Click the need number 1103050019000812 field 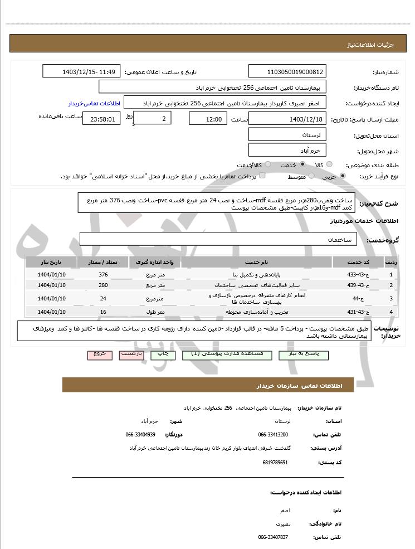pyautogui.click(x=287, y=72)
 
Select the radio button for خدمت pyautogui.click(x=302, y=164)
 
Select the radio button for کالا pyautogui.click(x=329, y=164)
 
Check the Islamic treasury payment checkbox pyautogui.click(x=262, y=176)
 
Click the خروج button pyautogui.click(x=100, y=355)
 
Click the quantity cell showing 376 pyautogui.click(x=103, y=275)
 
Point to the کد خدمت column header pyautogui.click(x=355, y=262)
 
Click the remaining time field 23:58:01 pyautogui.click(x=101, y=119)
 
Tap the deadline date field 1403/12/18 pyautogui.click(x=287, y=119)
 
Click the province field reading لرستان pyautogui.click(x=287, y=135)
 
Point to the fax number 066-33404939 pyautogui.click(x=140, y=434)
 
